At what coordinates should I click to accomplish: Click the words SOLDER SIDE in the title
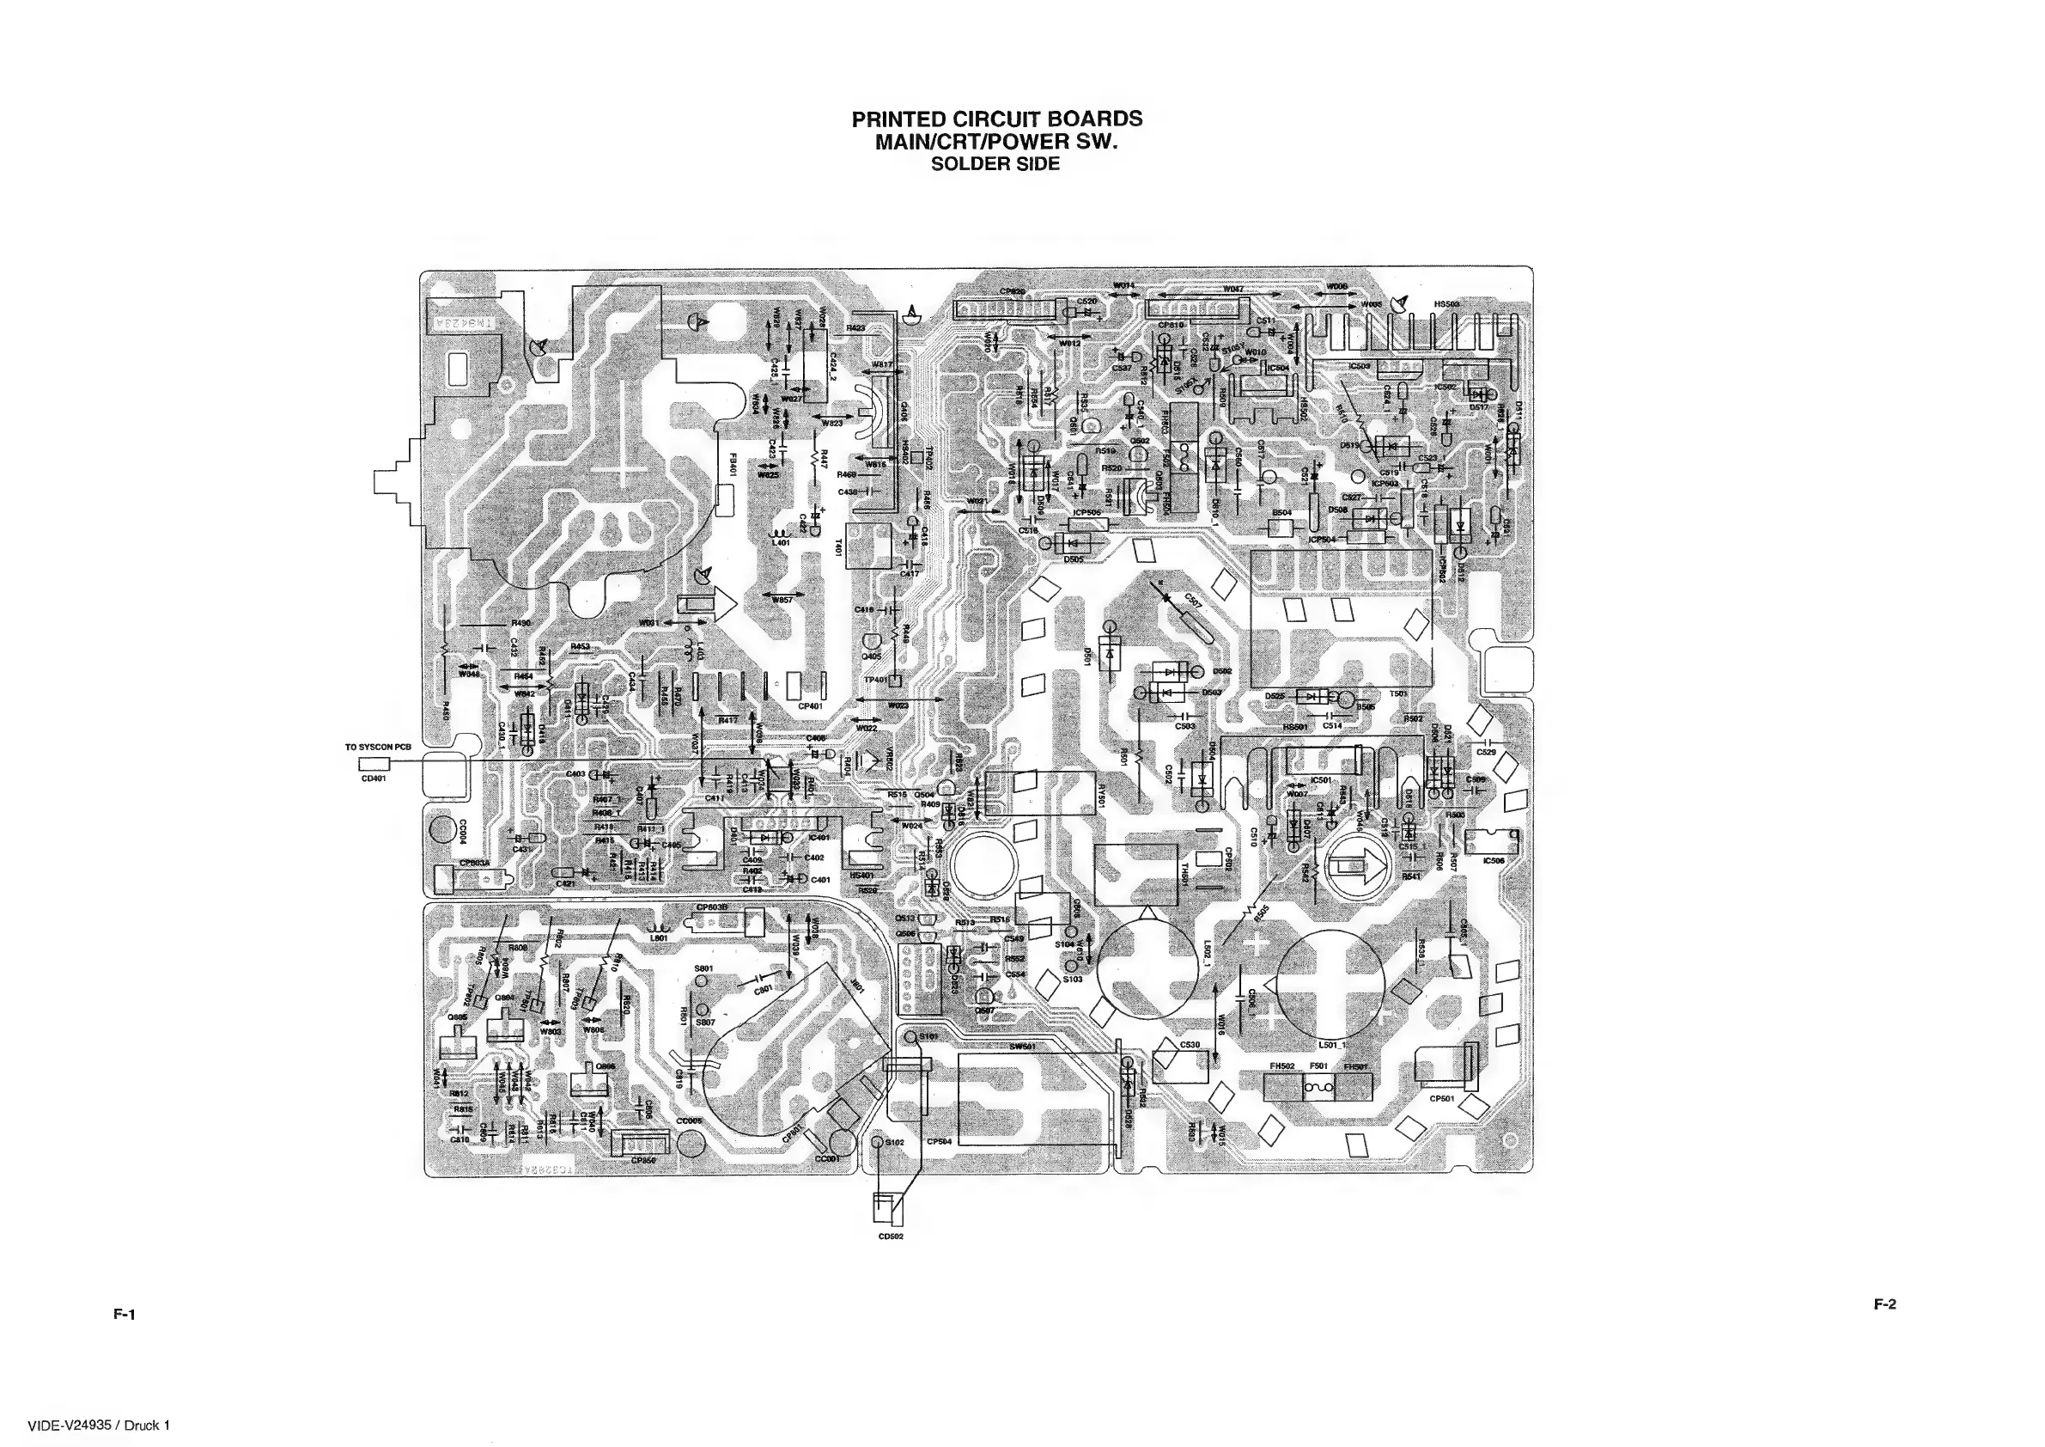[x=995, y=164]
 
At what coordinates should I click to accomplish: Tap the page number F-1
[x=124, y=1313]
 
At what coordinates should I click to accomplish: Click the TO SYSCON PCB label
[x=378, y=747]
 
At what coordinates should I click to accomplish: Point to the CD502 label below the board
[x=891, y=1236]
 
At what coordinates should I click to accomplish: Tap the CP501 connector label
[x=1442, y=1099]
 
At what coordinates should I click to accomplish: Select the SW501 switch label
[x=1021, y=1047]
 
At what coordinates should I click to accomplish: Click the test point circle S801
[x=700, y=981]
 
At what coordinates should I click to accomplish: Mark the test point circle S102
[x=876, y=1142]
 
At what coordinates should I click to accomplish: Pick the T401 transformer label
[x=838, y=547]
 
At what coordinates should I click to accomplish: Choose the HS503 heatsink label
[x=1446, y=304]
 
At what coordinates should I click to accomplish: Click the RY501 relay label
[x=1102, y=795]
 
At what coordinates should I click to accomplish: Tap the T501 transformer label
[x=1398, y=693]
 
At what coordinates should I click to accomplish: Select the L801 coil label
[x=659, y=938]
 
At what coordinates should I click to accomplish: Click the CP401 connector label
[x=811, y=706]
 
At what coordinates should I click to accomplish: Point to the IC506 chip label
[x=1494, y=861]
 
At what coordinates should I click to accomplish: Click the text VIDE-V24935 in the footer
[x=70, y=1425]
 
